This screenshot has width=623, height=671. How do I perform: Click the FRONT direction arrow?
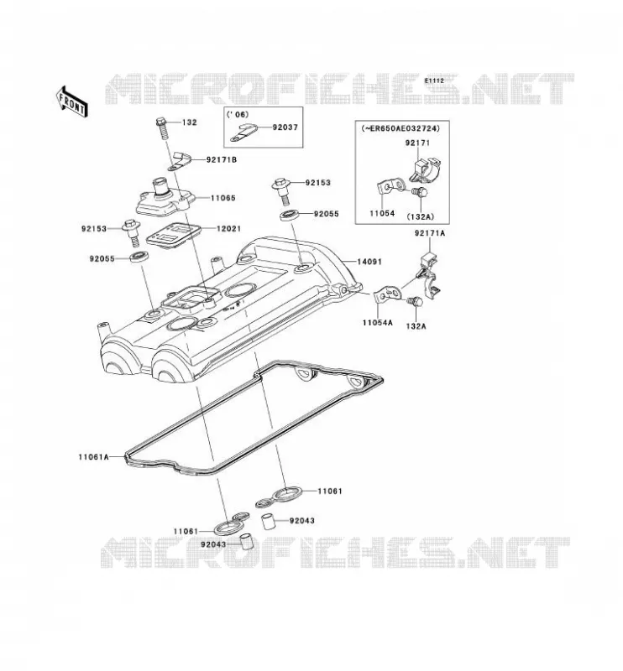click(x=72, y=101)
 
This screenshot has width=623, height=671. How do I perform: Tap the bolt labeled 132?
click(x=162, y=127)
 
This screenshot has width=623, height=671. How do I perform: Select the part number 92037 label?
click(x=285, y=127)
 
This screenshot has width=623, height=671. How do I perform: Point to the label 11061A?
click(x=93, y=457)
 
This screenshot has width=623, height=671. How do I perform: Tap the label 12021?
click(x=228, y=229)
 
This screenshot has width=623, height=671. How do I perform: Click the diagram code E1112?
click(x=434, y=81)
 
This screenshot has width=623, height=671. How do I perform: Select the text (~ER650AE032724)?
click(x=400, y=128)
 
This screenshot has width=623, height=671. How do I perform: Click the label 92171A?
click(x=430, y=233)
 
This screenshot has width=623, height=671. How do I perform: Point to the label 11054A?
click(x=378, y=323)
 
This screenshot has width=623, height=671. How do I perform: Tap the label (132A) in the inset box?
click(x=421, y=216)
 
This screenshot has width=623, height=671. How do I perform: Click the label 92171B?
click(x=222, y=159)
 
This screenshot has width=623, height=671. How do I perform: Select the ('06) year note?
click(x=238, y=114)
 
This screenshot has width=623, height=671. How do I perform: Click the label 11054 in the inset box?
click(x=382, y=213)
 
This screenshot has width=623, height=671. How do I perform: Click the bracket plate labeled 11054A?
click(x=387, y=295)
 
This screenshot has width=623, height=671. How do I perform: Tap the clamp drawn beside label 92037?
click(x=243, y=133)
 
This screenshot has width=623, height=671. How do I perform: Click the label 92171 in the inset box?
click(x=417, y=143)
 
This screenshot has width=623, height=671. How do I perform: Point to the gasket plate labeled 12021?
click(x=173, y=235)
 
